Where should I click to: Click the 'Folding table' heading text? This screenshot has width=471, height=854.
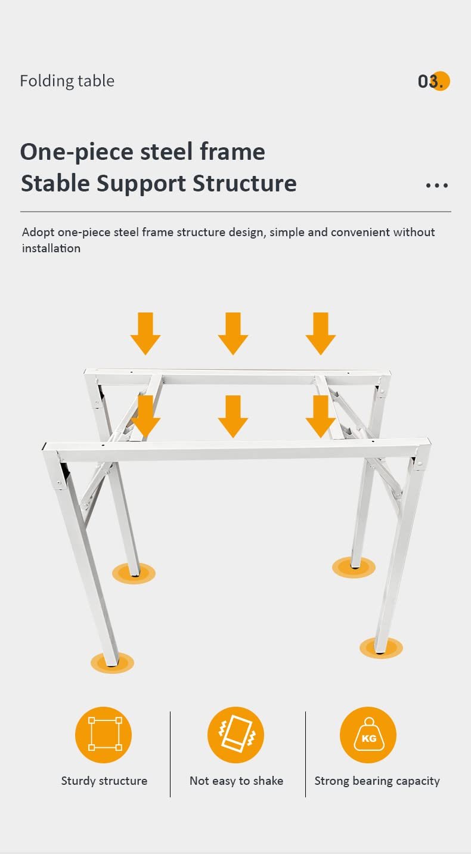tap(67, 81)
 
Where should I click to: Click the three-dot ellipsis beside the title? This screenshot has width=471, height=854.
tap(436, 185)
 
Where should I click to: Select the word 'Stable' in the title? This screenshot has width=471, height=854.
tap(55, 183)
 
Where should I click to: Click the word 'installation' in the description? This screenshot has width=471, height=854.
tap(51, 248)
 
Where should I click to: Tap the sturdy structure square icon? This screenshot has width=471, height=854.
tap(104, 734)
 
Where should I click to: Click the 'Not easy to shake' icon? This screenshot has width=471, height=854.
tap(235, 734)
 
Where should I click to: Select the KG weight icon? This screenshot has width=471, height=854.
tap(368, 734)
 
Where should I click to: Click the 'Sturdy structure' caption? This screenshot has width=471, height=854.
tap(104, 781)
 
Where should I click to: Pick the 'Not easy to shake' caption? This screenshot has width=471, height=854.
tap(236, 781)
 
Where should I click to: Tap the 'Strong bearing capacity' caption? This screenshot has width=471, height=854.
tap(377, 781)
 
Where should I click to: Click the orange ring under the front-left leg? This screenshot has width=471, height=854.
tap(112, 662)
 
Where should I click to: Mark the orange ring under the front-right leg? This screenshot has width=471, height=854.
tap(381, 648)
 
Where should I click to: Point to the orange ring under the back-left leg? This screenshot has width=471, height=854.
tap(134, 573)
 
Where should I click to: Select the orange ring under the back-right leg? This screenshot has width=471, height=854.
tap(354, 567)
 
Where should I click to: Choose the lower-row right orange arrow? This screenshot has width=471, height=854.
tap(321, 416)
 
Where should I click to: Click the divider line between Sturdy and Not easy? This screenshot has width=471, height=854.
tap(171, 754)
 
